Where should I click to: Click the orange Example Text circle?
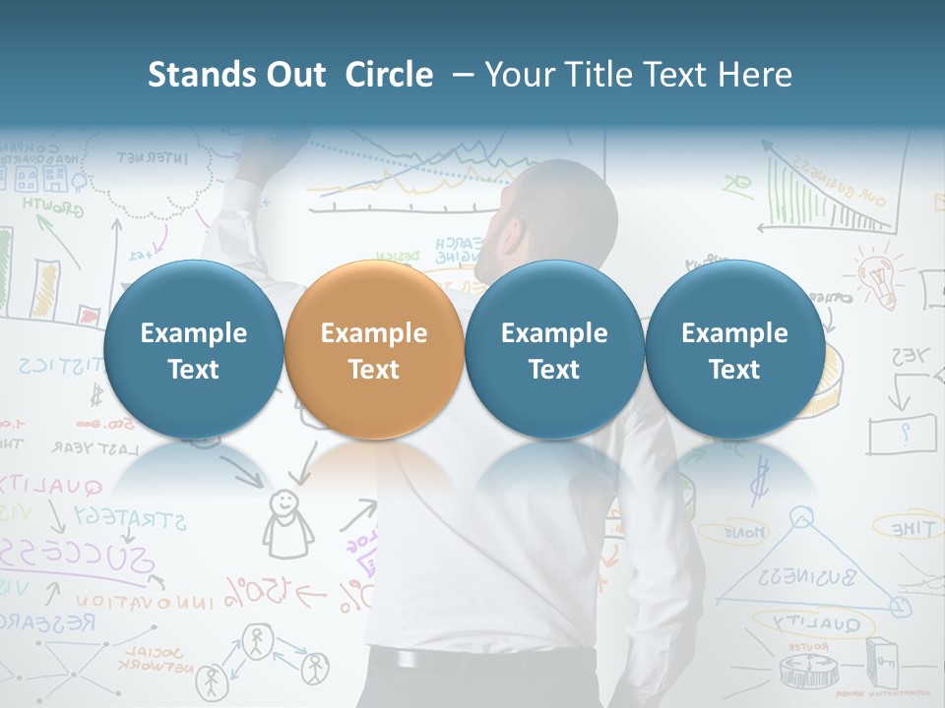[x=374, y=351]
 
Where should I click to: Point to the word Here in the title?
[x=758, y=75]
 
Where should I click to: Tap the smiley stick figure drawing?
[x=285, y=521]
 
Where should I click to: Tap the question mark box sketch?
[x=902, y=433]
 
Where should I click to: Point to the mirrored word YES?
[x=912, y=356]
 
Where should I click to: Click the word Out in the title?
[x=295, y=75]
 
